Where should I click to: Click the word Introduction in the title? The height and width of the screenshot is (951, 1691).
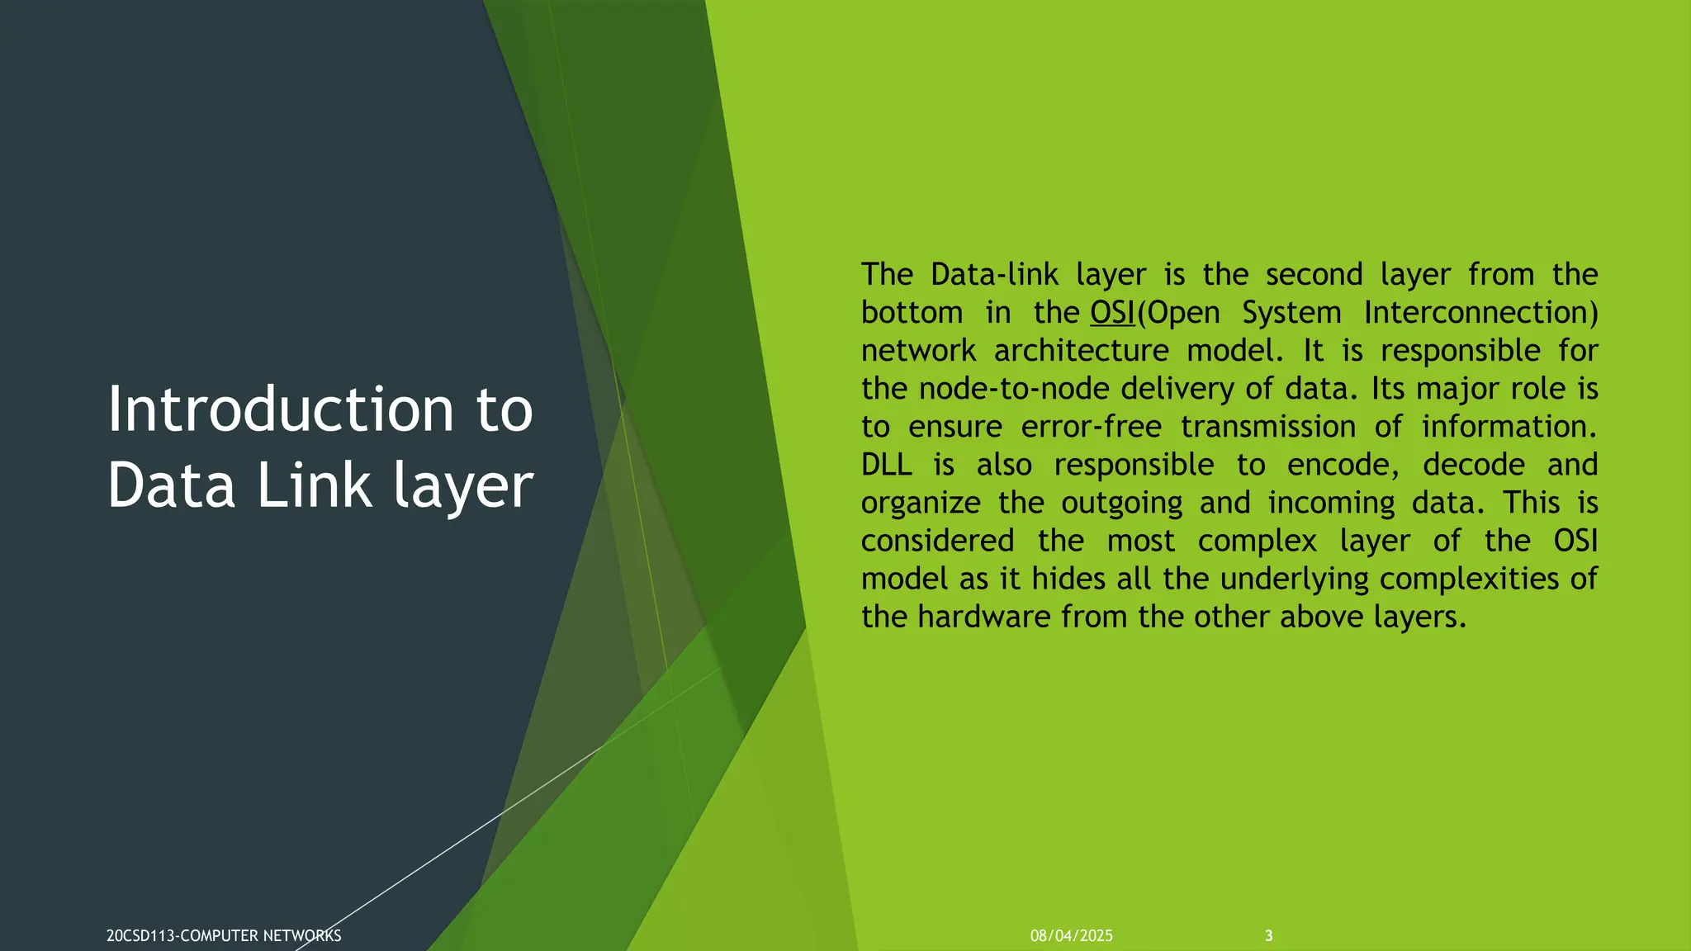[x=281, y=409]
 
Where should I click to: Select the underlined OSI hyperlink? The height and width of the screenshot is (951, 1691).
[x=1112, y=313]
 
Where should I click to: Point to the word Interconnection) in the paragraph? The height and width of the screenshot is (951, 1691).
[x=1480, y=313]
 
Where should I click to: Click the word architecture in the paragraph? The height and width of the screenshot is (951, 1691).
[x=1081, y=351]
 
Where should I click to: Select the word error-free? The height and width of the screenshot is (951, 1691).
[x=1091, y=427]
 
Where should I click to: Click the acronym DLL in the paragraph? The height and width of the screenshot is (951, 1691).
[x=886, y=465]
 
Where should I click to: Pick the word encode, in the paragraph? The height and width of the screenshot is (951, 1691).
[x=1343, y=465]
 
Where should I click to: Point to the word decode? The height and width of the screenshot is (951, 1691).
[x=1474, y=465]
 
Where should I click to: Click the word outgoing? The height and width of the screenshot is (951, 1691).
[x=1121, y=503]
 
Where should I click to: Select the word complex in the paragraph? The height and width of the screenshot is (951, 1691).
[x=1257, y=541]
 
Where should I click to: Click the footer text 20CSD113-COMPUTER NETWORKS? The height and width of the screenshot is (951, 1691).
[x=224, y=936]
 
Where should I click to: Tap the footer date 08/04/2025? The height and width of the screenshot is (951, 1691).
[x=1071, y=936]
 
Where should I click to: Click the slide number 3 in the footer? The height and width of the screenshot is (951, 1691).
[x=1269, y=936]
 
